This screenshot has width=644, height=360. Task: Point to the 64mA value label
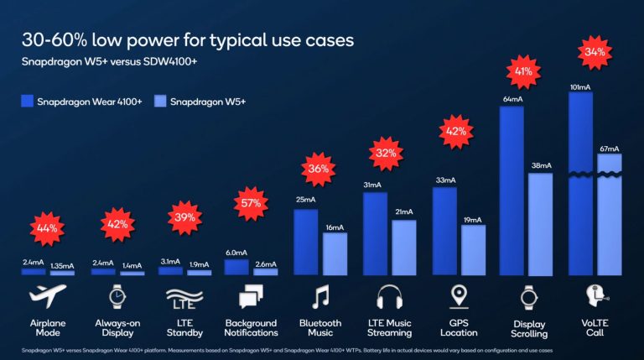512,100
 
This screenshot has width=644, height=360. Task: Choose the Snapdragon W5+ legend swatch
157,102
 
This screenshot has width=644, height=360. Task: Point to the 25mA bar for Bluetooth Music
306,242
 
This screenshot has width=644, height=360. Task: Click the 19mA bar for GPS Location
473,250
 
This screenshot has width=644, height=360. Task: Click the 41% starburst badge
524,71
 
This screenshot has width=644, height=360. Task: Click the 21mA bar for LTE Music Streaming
404,248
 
